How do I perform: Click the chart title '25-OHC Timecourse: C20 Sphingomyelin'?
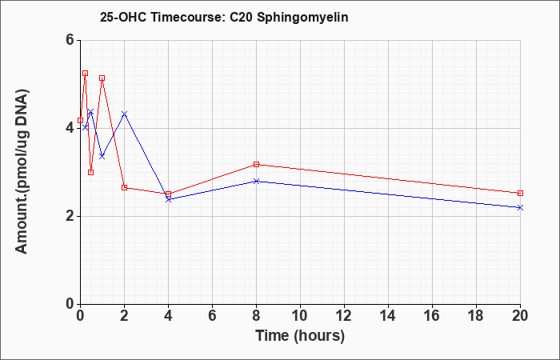[x=224, y=17]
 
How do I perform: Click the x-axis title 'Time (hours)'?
[x=300, y=336]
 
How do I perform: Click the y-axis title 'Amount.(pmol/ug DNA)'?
[x=22, y=172]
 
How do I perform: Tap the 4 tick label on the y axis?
[x=70, y=128]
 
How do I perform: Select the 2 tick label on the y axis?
[x=70, y=216]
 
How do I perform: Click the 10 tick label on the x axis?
[x=300, y=316]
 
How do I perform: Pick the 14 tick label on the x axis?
[x=388, y=316]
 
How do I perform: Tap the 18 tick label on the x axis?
[x=476, y=316]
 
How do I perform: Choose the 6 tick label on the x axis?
[x=212, y=316]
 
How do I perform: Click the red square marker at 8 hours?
[x=257, y=164]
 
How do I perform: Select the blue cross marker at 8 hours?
[x=257, y=181]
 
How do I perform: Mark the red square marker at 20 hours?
[x=520, y=194]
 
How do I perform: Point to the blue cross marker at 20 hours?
[x=520, y=207]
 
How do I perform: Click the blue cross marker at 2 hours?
[x=124, y=114]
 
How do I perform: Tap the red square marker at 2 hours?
[x=124, y=187]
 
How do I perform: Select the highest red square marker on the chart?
[x=86, y=74]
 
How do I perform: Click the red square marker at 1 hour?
[x=102, y=78]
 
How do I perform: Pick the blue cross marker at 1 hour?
[x=102, y=157]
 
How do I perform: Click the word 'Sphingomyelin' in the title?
[x=302, y=18]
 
